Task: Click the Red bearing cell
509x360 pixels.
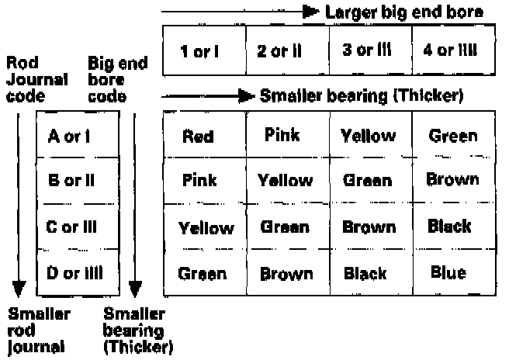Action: [x=198, y=137]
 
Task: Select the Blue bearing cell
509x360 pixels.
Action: [x=450, y=272]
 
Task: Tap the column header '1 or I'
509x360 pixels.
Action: [x=199, y=52]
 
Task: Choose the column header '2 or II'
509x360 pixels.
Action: [x=284, y=52]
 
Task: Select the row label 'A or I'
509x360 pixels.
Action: [x=70, y=137]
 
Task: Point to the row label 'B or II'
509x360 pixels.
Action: [x=71, y=180]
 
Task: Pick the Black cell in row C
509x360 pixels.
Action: [x=450, y=227]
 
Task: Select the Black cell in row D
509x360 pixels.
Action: [x=365, y=273]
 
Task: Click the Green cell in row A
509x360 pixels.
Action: [x=453, y=137]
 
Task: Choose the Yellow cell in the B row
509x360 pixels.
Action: [x=285, y=181]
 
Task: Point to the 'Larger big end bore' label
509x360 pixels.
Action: [x=404, y=12]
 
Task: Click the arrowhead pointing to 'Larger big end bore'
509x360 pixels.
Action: [x=310, y=12]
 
